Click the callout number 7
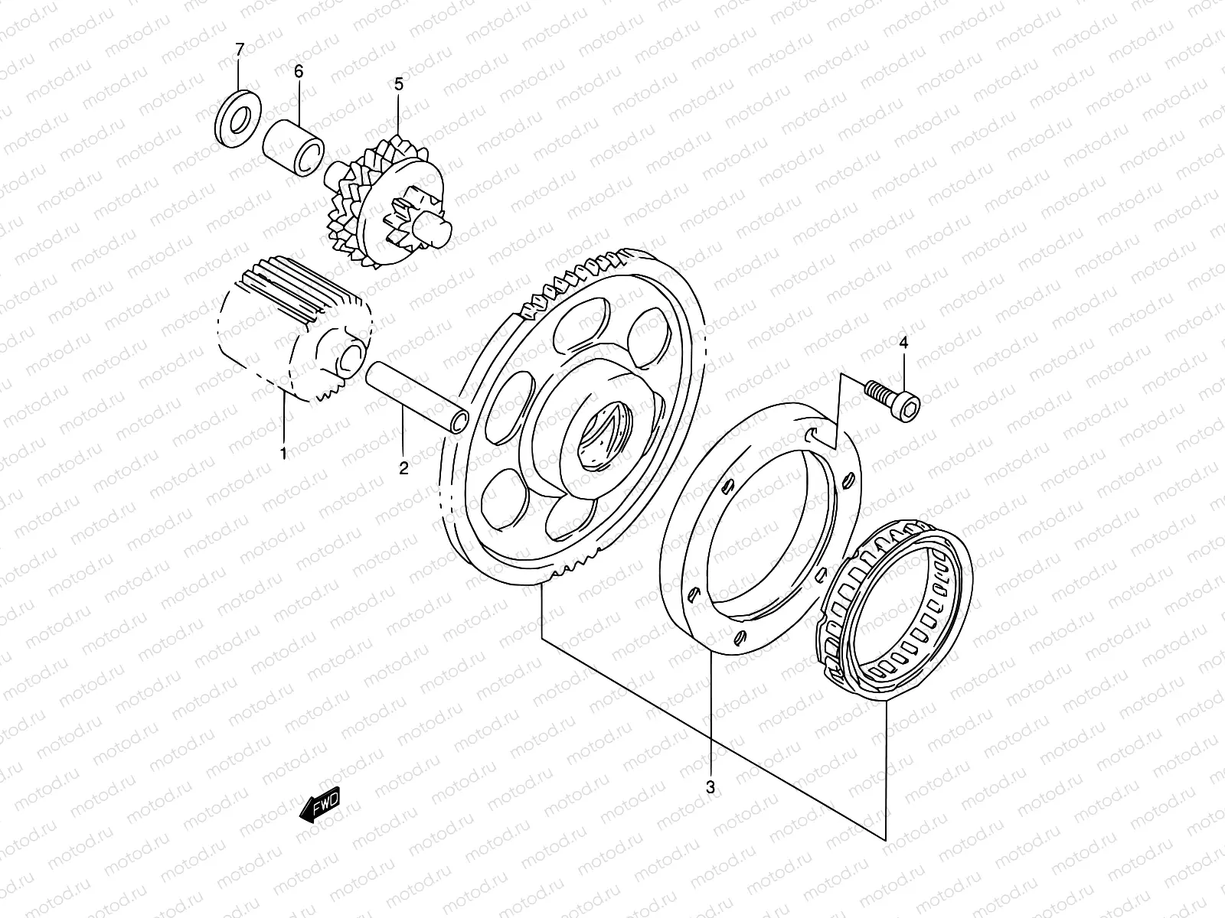[239, 50]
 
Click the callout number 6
[299, 71]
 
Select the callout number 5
[398, 84]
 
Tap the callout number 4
[903, 343]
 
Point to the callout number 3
[710, 787]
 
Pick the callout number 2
[403, 467]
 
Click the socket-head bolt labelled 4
[893, 400]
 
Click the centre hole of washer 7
[240, 120]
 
